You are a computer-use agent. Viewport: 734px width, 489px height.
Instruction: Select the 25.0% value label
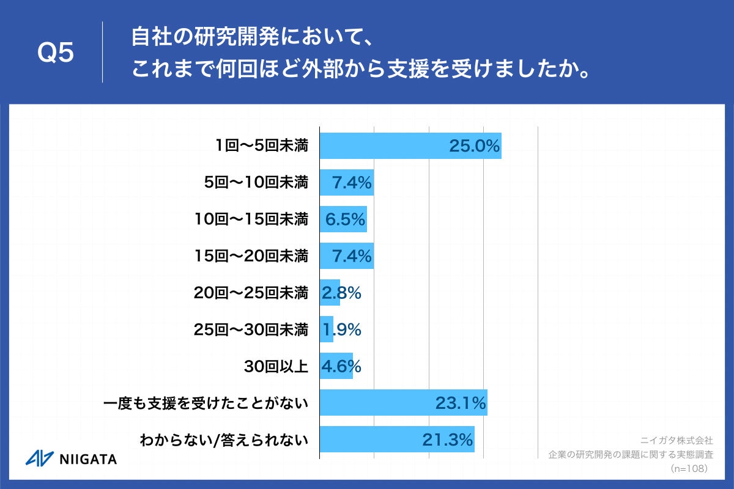pyautogui.click(x=475, y=146)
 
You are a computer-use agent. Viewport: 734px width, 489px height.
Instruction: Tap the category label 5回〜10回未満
pyautogui.click(x=256, y=182)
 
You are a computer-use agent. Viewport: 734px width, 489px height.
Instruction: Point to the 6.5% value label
pyautogui.click(x=345, y=219)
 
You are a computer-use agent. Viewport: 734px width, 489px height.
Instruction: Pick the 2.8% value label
pyautogui.click(x=341, y=293)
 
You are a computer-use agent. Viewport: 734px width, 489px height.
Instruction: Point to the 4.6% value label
pyautogui.click(x=341, y=366)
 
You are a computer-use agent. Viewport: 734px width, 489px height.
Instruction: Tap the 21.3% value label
pyautogui.click(x=448, y=439)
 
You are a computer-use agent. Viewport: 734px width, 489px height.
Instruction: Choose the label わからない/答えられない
pyautogui.click(x=223, y=439)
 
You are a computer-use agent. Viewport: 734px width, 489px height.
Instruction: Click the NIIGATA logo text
pyautogui.click(x=88, y=459)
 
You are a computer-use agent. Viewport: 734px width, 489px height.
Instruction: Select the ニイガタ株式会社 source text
pyautogui.click(x=677, y=439)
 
